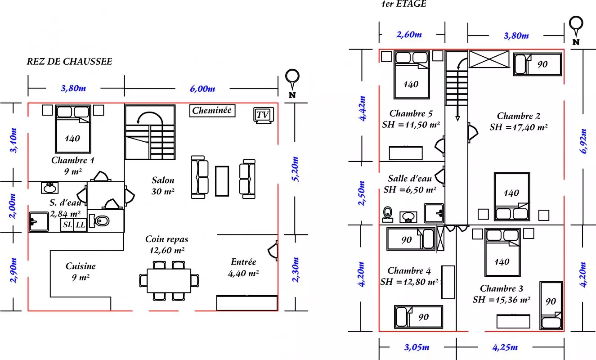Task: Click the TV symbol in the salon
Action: [264, 115]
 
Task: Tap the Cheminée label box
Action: [212, 111]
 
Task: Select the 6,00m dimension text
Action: [202, 89]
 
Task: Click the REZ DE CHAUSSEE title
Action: [69, 62]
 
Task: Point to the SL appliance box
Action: [67, 225]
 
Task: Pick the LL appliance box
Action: [80, 225]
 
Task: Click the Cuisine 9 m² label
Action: [81, 272]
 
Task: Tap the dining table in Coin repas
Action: [169, 281]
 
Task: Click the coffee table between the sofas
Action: [222, 181]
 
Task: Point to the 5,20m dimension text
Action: [296, 169]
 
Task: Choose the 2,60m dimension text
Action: [409, 35]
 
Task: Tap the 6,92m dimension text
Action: [583, 141]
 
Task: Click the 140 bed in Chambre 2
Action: [512, 197]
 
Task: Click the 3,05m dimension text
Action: [417, 347]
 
